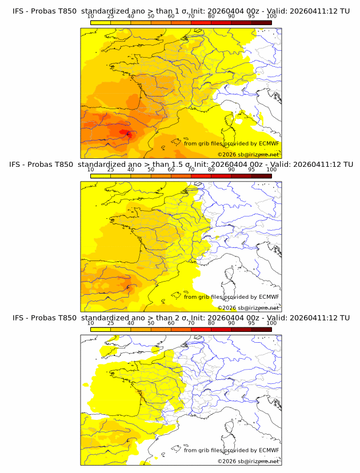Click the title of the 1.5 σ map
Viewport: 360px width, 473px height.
181,164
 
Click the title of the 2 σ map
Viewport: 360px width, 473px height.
181,317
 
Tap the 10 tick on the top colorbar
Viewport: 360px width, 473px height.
90,16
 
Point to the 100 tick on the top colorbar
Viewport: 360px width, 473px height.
271,16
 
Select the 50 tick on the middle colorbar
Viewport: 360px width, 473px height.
151,169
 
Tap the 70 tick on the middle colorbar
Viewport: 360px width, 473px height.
191,169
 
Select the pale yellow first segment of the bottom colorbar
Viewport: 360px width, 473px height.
101,329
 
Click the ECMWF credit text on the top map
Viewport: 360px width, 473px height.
231,143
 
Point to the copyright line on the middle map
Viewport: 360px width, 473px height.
248,308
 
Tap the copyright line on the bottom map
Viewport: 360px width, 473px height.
248,461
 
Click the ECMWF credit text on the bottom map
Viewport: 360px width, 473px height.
231,450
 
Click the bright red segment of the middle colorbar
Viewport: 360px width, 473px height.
201,175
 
